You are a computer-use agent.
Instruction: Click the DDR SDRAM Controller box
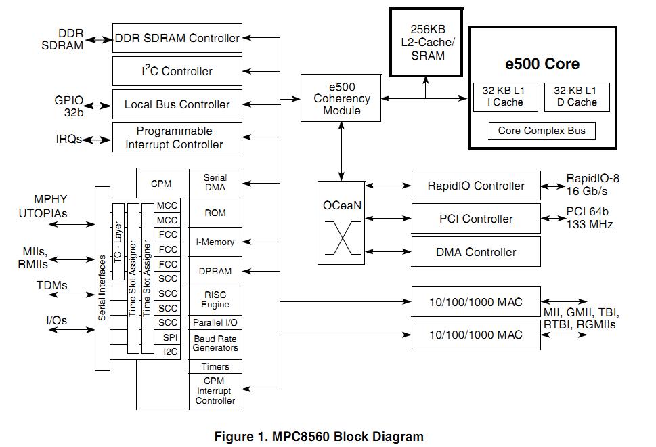click(177, 38)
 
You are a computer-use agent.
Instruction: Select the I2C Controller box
click(177, 71)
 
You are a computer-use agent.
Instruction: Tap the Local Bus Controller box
click(177, 104)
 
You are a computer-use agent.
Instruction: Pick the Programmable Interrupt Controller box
click(177, 137)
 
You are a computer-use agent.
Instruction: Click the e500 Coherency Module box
click(341, 98)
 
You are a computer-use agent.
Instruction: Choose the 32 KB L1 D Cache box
click(575, 97)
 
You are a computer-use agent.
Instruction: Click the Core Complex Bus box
click(542, 131)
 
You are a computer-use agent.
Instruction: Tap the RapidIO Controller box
click(476, 186)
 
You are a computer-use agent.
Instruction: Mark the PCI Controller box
click(476, 219)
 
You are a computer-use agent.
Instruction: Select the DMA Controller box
click(476, 252)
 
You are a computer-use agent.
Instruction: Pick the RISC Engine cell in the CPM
click(215, 299)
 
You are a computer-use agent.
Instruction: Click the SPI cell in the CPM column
click(169, 337)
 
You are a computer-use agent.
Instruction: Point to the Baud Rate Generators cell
click(215, 343)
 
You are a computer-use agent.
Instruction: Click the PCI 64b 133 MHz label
click(589, 219)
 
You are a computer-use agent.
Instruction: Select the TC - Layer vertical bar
click(118, 240)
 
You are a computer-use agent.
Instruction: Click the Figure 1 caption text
click(318, 436)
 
